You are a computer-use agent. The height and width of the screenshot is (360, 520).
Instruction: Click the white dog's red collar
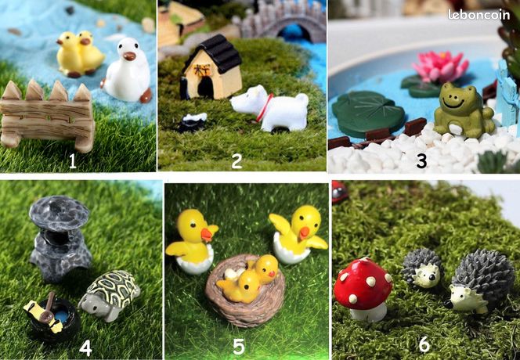[x=265, y=106]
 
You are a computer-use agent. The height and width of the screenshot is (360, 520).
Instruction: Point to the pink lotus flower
[x=440, y=67]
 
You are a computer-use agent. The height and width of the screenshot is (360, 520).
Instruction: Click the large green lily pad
[x=368, y=113]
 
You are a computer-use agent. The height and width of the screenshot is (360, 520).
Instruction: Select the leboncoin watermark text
[x=478, y=15]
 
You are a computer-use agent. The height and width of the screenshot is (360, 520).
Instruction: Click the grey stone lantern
[x=60, y=238]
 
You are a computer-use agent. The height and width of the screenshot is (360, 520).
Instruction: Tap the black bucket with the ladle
[x=53, y=317]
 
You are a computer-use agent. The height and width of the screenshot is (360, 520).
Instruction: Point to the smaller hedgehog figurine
[x=422, y=268]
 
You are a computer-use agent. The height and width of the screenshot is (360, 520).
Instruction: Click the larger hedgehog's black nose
[x=448, y=304]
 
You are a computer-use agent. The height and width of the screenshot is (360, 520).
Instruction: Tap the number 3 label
[x=421, y=160]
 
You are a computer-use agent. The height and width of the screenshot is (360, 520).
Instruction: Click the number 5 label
[x=239, y=347]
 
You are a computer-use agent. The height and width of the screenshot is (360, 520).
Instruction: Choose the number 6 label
[x=424, y=344]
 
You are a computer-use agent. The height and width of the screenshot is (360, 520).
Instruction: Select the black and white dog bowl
[x=193, y=122]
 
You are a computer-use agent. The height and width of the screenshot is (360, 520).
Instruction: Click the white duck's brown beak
[x=129, y=56]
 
